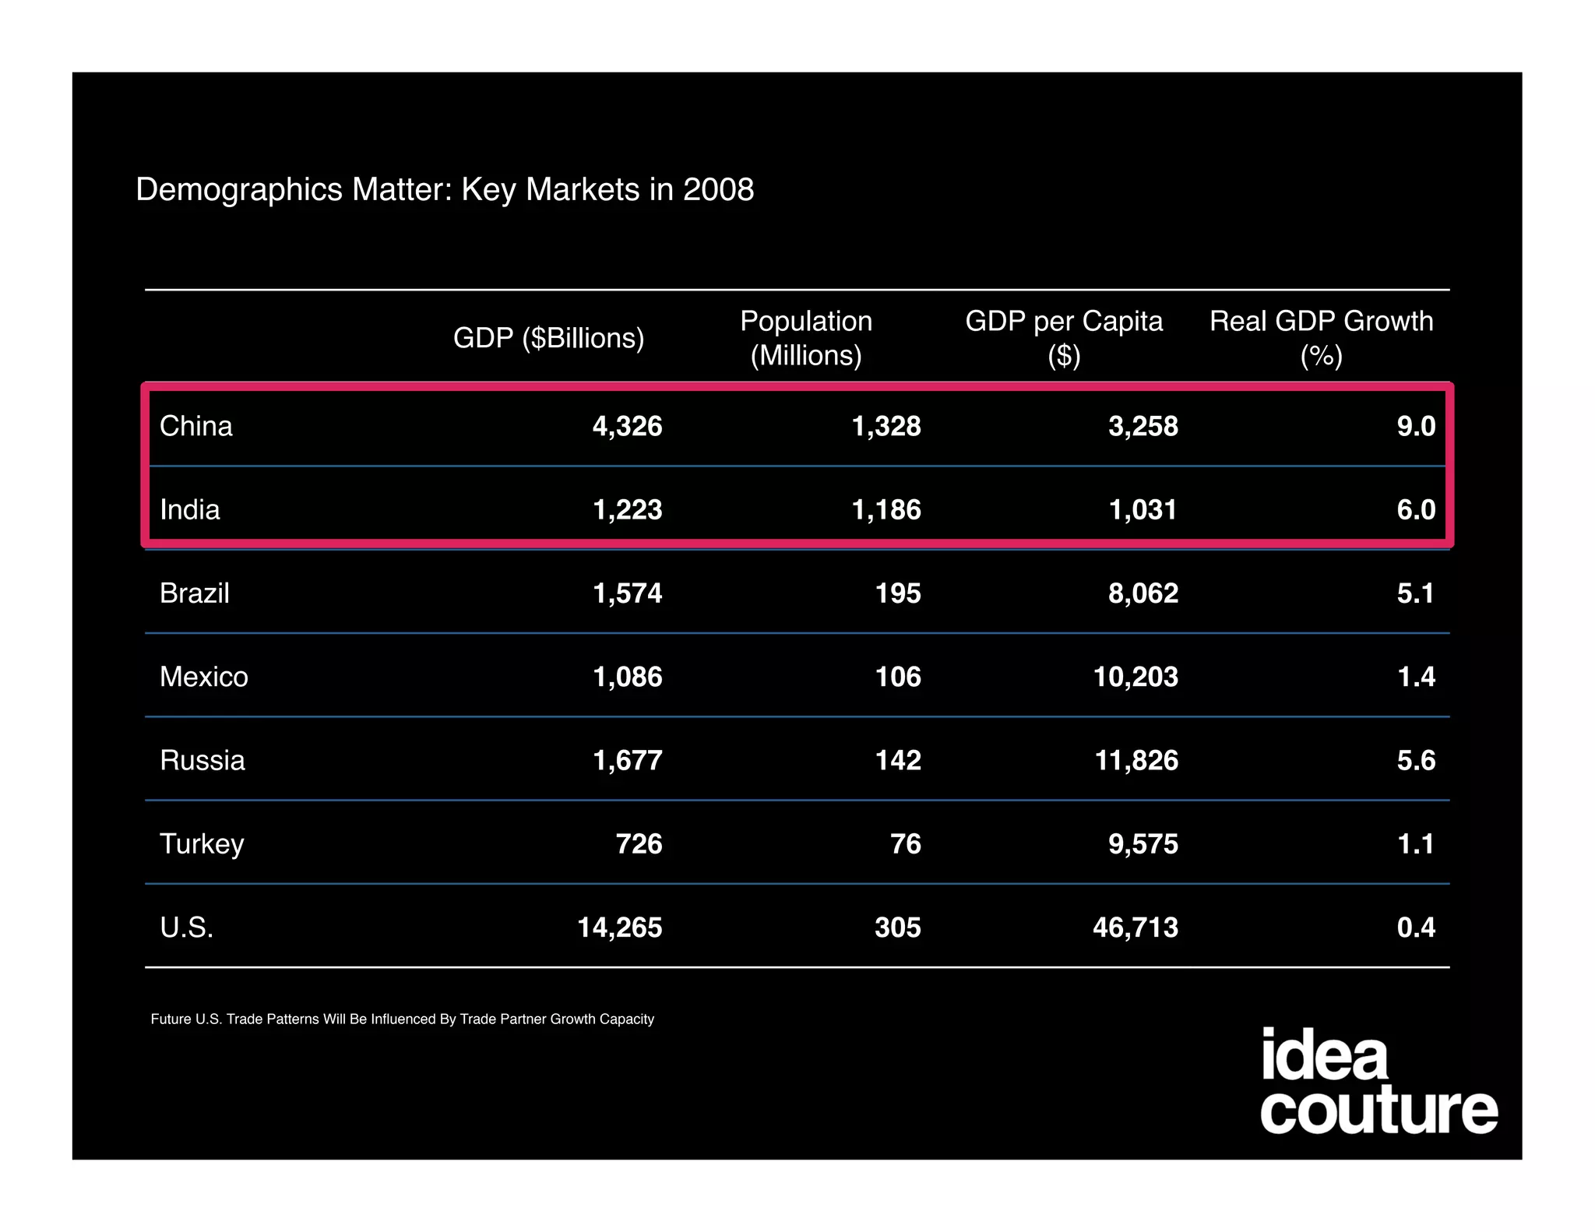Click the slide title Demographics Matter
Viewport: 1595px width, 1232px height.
click(x=444, y=189)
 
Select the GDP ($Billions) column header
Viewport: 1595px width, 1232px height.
click(x=548, y=338)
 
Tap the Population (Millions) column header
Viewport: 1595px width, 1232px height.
click(x=806, y=338)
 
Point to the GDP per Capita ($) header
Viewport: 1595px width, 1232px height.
click(x=1064, y=338)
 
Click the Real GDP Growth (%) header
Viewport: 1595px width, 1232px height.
click(x=1321, y=338)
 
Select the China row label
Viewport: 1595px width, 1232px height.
click(x=196, y=426)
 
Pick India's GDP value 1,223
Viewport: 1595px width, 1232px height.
click(x=627, y=509)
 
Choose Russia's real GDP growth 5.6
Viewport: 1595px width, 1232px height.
click(x=1415, y=760)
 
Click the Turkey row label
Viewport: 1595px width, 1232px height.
click(x=202, y=844)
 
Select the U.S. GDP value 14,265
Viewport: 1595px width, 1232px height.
click(x=619, y=928)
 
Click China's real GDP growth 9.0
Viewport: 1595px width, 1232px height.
click(x=1415, y=426)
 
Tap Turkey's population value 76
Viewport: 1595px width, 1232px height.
click(x=905, y=844)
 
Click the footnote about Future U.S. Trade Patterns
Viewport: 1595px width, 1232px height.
click(x=402, y=1019)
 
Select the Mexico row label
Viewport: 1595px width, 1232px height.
click(x=204, y=677)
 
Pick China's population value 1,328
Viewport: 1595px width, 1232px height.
click(x=886, y=426)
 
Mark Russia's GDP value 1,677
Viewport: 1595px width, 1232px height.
click(x=627, y=760)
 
